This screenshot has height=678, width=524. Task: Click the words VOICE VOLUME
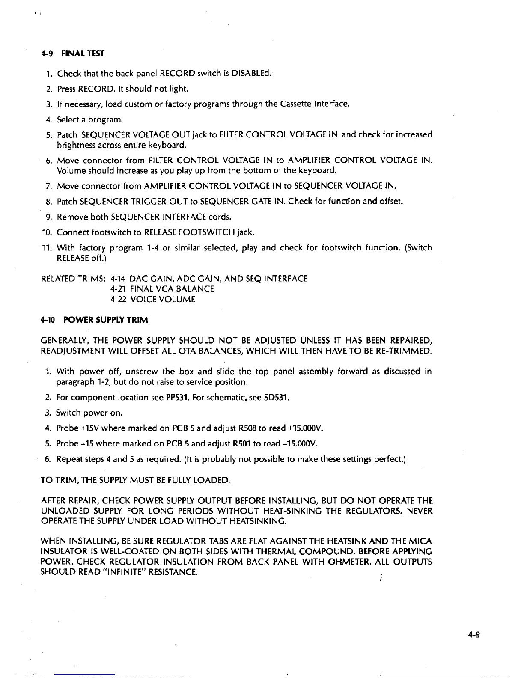pos(162,299)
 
